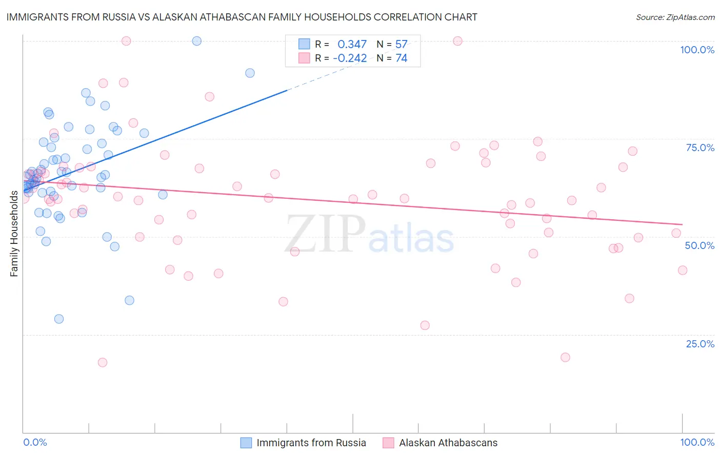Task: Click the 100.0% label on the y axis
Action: click(697, 50)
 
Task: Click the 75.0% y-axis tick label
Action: click(700, 148)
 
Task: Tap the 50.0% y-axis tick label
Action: click(699, 245)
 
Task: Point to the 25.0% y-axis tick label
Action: click(700, 344)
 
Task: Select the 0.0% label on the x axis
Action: click(35, 442)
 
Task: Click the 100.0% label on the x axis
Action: click(697, 442)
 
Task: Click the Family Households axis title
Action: click(14, 234)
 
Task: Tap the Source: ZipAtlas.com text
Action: click(675, 17)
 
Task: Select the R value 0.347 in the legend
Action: click(352, 44)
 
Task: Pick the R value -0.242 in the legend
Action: click(350, 58)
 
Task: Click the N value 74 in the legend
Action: click(401, 58)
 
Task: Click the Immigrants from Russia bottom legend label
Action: click(311, 443)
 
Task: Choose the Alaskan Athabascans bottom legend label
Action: click(448, 443)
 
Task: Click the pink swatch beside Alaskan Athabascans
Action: click(388, 443)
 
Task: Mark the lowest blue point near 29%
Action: click(59, 319)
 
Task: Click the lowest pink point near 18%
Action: click(103, 362)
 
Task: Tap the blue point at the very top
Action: click(196, 41)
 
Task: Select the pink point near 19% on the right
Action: click(565, 357)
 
